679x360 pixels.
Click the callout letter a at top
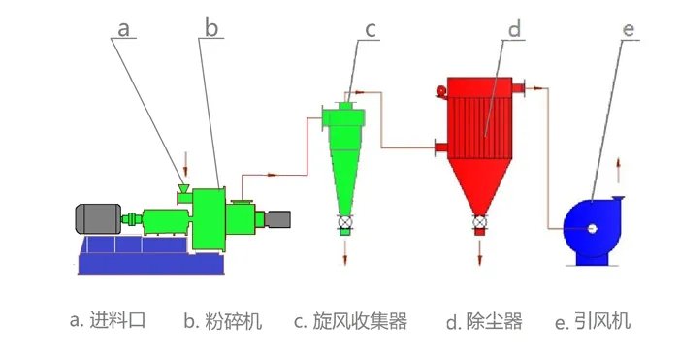[x=123, y=28]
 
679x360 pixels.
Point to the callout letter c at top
[x=371, y=29]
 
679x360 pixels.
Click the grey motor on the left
[x=97, y=218]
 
